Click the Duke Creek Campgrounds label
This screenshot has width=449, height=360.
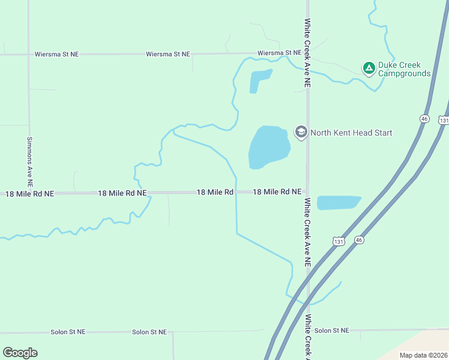(x=404, y=69)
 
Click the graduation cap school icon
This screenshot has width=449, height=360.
(x=301, y=131)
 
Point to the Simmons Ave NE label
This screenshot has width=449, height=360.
(x=29, y=161)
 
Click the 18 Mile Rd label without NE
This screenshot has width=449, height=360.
(x=215, y=192)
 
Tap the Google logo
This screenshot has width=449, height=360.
(x=20, y=353)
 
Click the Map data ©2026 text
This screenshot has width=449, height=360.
(x=423, y=355)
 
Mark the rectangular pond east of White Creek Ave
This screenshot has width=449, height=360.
(x=338, y=203)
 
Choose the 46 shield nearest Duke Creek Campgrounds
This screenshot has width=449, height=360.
(x=425, y=119)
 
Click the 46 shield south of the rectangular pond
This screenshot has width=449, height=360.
(x=359, y=240)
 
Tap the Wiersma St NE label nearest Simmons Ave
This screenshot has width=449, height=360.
(x=56, y=54)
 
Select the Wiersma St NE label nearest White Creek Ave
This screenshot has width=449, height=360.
(x=279, y=53)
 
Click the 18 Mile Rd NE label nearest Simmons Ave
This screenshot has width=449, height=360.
(x=30, y=194)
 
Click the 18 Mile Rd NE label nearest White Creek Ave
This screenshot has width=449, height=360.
(x=277, y=192)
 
